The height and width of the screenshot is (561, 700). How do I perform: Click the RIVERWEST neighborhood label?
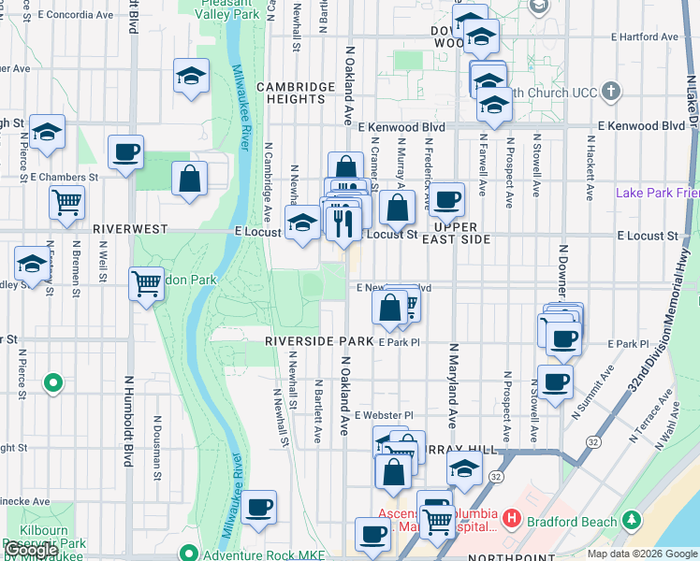pyautogui.click(x=130, y=228)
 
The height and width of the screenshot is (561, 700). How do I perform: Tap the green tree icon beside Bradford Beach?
pyautogui.click(x=633, y=519)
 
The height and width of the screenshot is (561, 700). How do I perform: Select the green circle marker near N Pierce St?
pyautogui.click(x=54, y=382)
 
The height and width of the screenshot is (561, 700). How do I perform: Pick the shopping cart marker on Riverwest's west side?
pyautogui.click(x=66, y=201)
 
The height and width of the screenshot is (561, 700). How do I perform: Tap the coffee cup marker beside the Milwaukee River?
pyautogui.click(x=258, y=507)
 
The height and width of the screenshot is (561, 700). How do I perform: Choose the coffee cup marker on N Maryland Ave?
pyautogui.click(x=447, y=197)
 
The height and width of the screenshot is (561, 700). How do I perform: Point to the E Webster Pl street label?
pyautogui.click(x=383, y=414)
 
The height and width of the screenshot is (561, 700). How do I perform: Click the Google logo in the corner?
pyautogui.click(x=31, y=551)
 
